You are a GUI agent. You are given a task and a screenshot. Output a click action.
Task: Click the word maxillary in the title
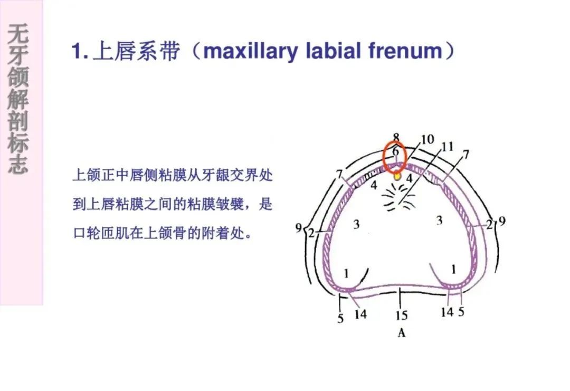point(251,51)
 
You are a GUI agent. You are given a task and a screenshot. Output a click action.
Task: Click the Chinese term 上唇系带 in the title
point(136,51)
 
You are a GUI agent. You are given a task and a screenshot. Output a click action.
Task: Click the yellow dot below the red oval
point(397,176)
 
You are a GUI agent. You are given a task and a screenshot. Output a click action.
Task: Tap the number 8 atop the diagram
point(396,137)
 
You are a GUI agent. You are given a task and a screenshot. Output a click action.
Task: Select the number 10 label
point(428,139)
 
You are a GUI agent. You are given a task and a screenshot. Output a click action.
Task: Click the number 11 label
point(448,147)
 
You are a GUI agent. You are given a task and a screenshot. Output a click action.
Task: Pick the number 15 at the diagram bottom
point(401,316)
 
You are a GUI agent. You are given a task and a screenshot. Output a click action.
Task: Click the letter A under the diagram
point(401,332)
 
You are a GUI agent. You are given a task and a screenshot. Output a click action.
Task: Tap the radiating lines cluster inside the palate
point(398,197)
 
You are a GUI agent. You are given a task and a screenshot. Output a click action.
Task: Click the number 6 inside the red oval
point(395,150)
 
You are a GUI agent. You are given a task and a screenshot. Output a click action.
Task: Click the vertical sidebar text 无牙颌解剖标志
point(18,99)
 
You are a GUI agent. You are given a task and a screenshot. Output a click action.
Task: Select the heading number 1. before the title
point(80,51)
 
